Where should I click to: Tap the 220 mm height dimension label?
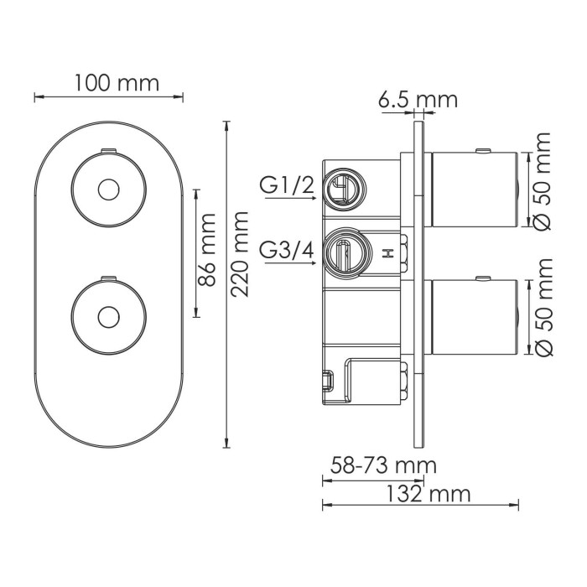tap(241, 256)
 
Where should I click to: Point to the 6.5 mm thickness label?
tap(418, 100)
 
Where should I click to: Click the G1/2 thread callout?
tap(287, 185)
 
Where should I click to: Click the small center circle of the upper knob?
tap(106, 190)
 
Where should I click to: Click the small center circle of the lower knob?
tap(106, 317)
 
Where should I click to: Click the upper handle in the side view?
tap(473, 190)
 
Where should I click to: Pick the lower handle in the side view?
tap(473, 318)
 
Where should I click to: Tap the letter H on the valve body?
tap(388, 254)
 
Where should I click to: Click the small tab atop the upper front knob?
tap(106, 151)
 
